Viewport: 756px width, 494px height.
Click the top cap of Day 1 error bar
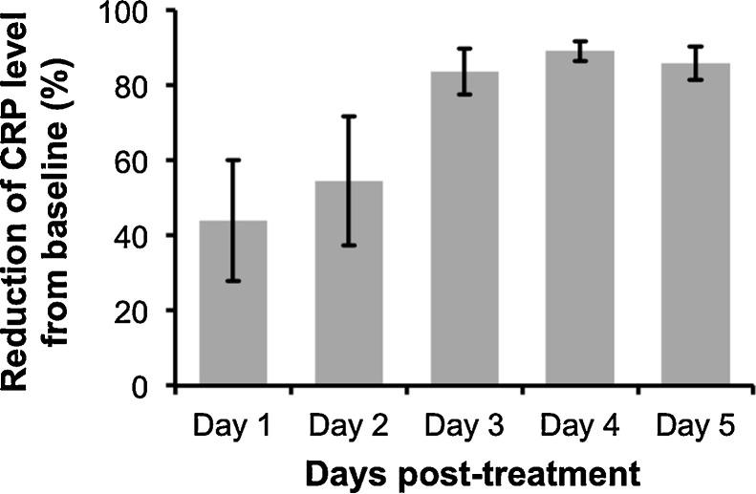point(232,160)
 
